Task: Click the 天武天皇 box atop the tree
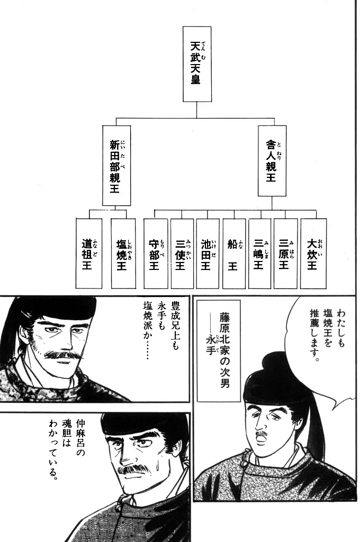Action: pos(197,64)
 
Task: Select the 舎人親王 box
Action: pos(272,161)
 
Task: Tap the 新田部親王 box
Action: pos(116,165)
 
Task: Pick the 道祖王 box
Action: pos(89,253)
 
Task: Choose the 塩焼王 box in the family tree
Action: pos(123,253)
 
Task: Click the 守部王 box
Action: pos(156,253)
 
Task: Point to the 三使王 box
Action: pos(182,253)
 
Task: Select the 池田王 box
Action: pos(208,253)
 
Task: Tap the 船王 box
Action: pos(234,253)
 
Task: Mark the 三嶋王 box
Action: pos(260,253)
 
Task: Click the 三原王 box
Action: pos(286,253)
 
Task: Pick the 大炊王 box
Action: pos(313,253)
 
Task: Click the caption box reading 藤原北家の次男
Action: pos(219,350)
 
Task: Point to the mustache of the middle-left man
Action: pos(64,354)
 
